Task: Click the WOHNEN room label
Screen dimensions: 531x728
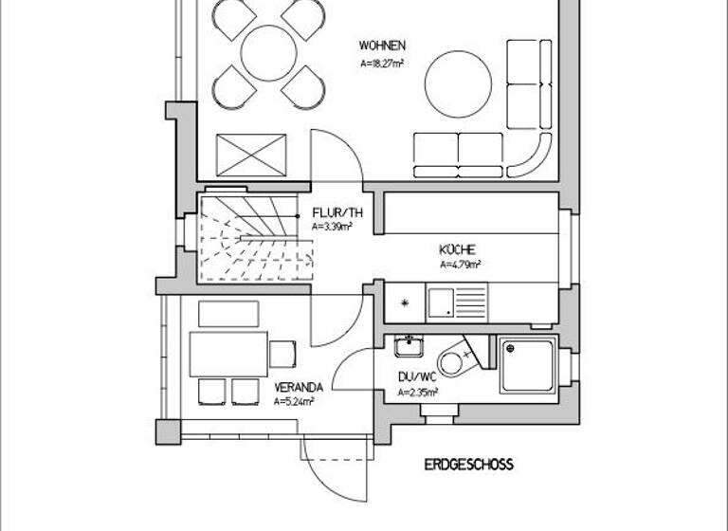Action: click(x=382, y=46)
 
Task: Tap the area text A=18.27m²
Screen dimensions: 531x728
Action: click(x=382, y=64)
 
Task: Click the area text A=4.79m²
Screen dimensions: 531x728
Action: click(x=460, y=265)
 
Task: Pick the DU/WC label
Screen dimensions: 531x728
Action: click(x=417, y=376)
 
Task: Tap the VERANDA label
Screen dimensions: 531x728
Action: click(x=300, y=387)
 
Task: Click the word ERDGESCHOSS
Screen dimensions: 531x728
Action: click(x=468, y=465)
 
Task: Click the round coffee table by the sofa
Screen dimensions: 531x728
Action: click(x=459, y=82)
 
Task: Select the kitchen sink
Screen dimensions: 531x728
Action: click(x=441, y=303)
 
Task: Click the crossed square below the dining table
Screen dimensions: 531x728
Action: click(x=251, y=154)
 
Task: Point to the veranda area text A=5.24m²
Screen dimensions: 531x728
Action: click(x=294, y=401)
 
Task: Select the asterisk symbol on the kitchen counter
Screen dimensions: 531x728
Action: click(x=406, y=303)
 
